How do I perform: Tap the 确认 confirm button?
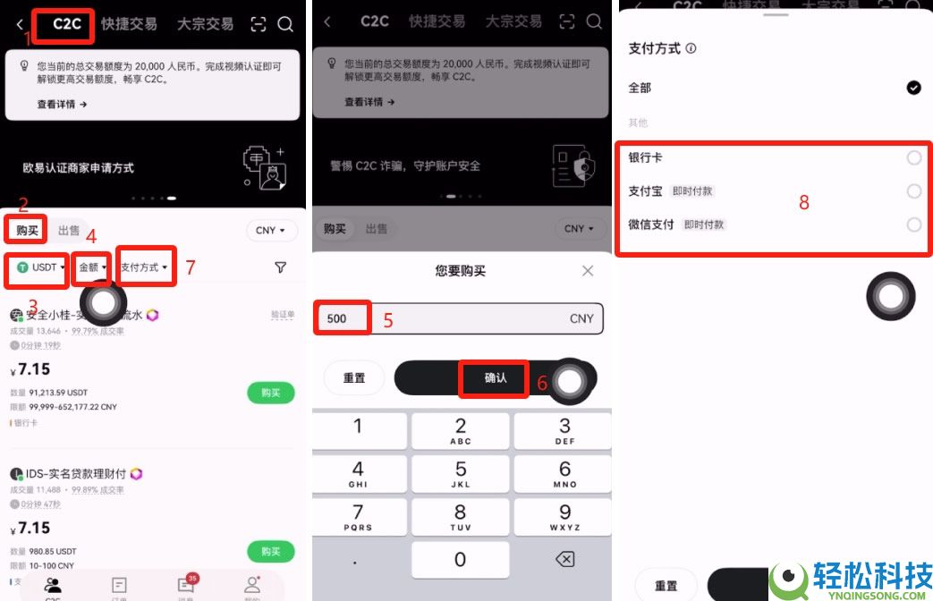tap(495, 378)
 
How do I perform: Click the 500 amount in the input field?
tap(338, 318)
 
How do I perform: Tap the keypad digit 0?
tap(461, 560)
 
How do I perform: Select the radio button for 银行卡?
tap(913, 158)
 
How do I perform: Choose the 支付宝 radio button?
tap(913, 191)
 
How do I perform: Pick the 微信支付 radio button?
tap(913, 224)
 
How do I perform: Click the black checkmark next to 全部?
tap(913, 88)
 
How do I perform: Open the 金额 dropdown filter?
tap(92, 267)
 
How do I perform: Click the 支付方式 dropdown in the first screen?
tap(145, 267)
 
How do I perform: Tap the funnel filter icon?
tap(280, 267)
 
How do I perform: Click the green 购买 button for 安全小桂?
tap(270, 393)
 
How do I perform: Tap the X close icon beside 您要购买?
tap(588, 271)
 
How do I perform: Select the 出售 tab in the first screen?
tap(69, 231)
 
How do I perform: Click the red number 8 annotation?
tap(803, 203)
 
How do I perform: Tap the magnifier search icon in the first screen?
tap(285, 25)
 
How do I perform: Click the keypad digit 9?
tap(564, 517)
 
